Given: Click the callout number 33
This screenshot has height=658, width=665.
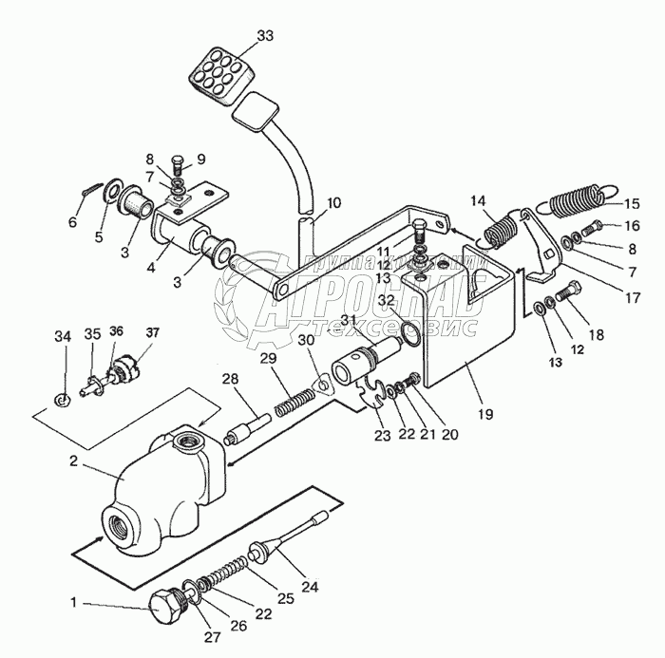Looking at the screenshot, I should (x=264, y=37).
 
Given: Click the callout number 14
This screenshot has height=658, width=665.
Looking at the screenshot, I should (x=478, y=201).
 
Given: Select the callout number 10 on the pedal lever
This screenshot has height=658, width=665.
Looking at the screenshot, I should (x=334, y=202).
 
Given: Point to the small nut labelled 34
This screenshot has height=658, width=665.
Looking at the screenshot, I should (x=61, y=395).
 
